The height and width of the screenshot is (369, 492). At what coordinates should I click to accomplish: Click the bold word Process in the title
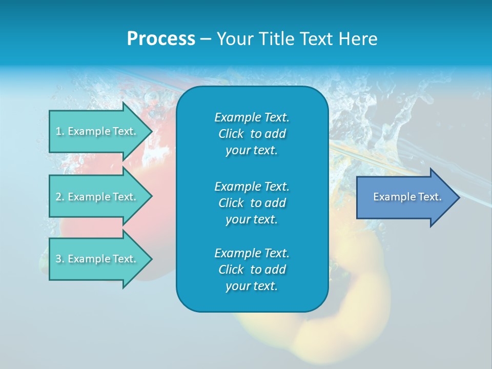click(161, 39)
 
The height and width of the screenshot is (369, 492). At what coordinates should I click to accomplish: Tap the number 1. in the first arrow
click(60, 131)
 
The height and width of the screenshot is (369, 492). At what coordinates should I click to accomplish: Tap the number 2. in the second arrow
click(60, 197)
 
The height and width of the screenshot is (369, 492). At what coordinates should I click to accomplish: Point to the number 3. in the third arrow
click(60, 259)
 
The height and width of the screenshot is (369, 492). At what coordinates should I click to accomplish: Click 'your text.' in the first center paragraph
click(252, 151)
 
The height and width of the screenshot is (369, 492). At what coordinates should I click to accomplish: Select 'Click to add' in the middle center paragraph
click(252, 203)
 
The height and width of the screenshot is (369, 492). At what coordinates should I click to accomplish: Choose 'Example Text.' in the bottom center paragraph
click(252, 253)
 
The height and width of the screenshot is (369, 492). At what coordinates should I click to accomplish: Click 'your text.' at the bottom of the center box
click(252, 286)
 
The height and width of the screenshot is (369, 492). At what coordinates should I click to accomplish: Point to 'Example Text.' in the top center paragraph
click(252, 117)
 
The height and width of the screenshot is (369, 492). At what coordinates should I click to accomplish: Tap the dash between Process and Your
click(206, 39)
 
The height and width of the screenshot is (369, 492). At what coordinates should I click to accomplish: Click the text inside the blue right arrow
click(407, 197)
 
